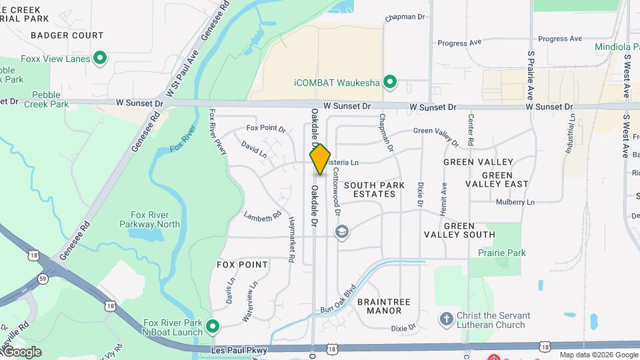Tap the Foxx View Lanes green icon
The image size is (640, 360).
[100, 59]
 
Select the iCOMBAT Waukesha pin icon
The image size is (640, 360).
[391, 83]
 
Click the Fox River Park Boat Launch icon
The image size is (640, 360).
[213, 326]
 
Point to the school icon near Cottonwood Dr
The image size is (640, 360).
[342, 232]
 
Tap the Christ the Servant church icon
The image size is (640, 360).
[447, 319]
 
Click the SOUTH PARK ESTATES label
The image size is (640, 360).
[370, 189]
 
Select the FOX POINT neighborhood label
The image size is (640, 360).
[243, 265]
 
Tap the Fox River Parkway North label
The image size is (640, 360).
[155, 219]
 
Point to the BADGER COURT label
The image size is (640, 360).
[67, 35]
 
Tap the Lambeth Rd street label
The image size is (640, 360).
[262, 217]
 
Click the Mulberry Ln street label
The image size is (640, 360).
[515, 202]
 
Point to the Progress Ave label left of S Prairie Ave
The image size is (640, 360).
[459, 43]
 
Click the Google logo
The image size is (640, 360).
[22, 351]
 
